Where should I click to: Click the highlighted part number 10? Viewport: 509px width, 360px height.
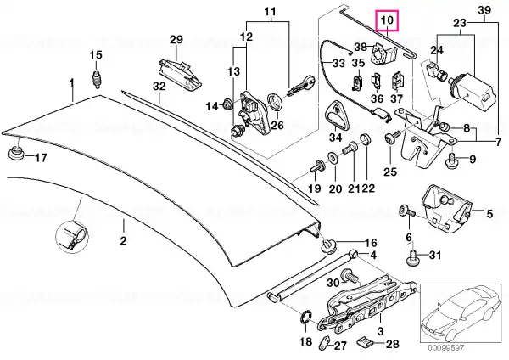pyautogui.click(x=387, y=20)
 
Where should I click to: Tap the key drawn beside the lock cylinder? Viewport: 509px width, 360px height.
pyautogui.click(x=301, y=86)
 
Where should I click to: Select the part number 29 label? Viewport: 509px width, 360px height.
pyautogui.click(x=176, y=40)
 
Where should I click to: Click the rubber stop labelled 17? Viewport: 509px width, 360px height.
pyautogui.click(x=15, y=153)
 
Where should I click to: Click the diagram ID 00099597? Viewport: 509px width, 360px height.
pyautogui.click(x=445, y=348)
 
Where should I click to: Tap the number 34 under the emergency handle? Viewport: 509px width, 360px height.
pyautogui.click(x=335, y=138)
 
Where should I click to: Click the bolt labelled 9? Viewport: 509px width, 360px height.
pyautogui.click(x=450, y=160)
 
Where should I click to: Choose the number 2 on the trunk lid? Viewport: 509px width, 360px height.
pyautogui.click(x=123, y=241)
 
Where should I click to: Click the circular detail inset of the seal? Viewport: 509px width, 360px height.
pyautogui.click(x=72, y=236)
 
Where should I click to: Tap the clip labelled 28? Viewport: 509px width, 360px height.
pyautogui.click(x=364, y=342)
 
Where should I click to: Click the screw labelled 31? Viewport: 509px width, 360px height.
pyautogui.click(x=411, y=257)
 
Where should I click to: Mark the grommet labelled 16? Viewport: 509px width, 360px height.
pyautogui.click(x=328, y=247)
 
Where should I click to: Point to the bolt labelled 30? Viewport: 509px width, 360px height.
pyautogui.click(x=349, y=276)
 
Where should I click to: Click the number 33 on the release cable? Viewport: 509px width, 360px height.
pyautogui.click(x=338, y=62)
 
